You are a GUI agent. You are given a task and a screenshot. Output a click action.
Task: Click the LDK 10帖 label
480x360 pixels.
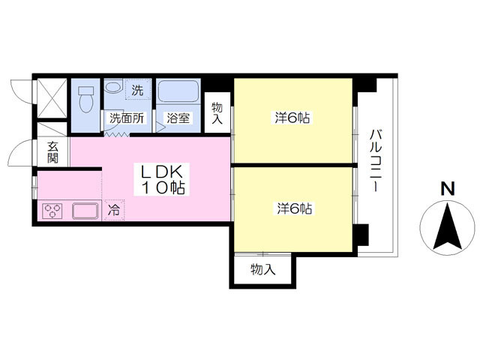pos(162,180)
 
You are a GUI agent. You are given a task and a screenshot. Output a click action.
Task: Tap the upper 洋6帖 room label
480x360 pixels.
pos(292,118)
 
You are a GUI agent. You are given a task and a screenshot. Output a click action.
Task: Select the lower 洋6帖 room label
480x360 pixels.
pos(295,209)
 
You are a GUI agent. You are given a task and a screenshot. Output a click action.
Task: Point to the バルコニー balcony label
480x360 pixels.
pos(376,160)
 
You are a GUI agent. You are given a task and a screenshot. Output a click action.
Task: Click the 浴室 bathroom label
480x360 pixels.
pos(178,118)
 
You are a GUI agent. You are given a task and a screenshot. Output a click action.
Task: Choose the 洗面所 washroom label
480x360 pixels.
pos(127,118)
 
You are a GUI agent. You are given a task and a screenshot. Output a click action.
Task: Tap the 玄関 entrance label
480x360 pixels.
pos(52,152)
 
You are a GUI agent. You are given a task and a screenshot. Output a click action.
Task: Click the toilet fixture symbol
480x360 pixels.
pos(86,98)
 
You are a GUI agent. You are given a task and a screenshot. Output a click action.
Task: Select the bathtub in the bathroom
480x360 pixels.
pos(178,91)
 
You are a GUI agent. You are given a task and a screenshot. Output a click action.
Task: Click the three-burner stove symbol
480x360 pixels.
pos(52,211)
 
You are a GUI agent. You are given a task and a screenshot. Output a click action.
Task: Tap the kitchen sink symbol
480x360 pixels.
pos(85,211)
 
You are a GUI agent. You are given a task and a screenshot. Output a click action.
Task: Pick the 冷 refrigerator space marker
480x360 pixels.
pos(114,210)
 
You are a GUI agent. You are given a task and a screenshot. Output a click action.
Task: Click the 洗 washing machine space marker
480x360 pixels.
pos(137,90)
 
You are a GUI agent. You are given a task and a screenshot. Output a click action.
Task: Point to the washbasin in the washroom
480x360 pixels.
pos(113,86)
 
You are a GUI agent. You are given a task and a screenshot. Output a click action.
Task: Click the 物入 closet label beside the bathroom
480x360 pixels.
pos(217,113)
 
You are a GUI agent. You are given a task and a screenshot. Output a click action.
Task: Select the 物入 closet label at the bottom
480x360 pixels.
pos(263,270)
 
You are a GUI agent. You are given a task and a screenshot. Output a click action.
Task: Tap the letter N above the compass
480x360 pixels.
pos(448,188)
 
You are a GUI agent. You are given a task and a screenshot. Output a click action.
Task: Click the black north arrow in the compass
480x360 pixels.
pos(448,226)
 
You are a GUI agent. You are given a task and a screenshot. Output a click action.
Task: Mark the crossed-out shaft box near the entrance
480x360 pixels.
pos(52,98)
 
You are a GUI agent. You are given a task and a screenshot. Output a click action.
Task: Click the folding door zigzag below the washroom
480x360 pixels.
pos(115,134)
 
